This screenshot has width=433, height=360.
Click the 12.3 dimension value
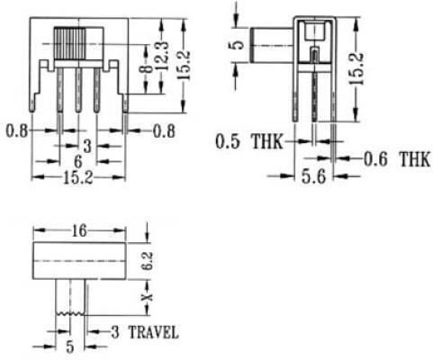point(163,56)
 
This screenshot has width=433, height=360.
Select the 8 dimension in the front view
point(146,68)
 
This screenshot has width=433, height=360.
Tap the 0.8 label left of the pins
point(17,131)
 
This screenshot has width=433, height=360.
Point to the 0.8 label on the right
point(164,131)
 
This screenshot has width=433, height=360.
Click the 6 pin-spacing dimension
point(78,162)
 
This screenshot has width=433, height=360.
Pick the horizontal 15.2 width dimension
point(78,178)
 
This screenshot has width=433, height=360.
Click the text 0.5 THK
point(249,141)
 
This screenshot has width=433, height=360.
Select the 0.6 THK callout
point(397,159)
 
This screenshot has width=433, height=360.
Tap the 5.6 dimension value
point(313,176)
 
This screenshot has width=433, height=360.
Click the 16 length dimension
point(79,231)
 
